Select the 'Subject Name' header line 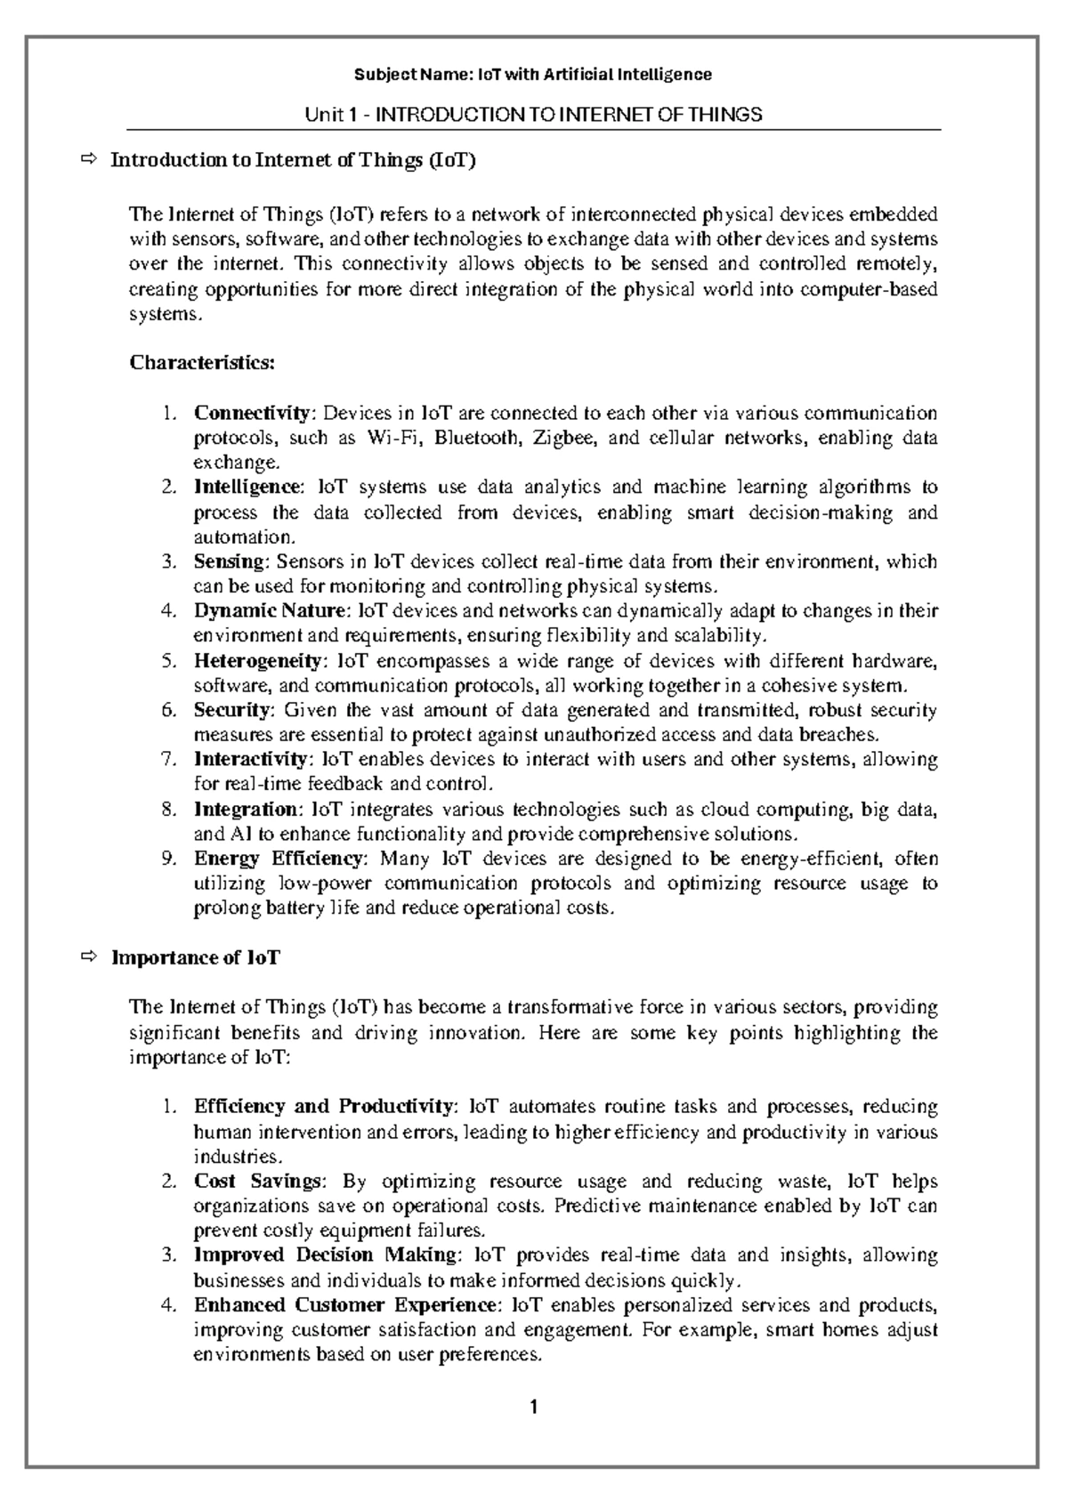coord(533,75)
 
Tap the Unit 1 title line coord(533,115)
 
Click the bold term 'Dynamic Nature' coord(270,612)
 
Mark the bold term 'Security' coord(231,711)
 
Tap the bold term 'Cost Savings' coord(257,1182)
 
